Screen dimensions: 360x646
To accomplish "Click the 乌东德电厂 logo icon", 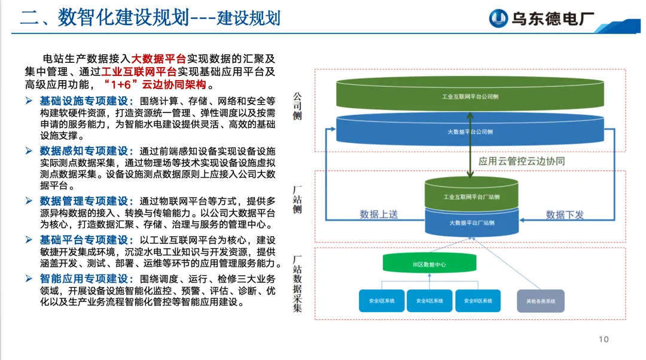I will pyautogui.click(x=498, y=19).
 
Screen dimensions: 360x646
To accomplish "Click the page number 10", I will pyautogui.click(x=604, y=340).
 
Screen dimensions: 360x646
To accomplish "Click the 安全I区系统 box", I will pyautogui.click(x=382, y=300).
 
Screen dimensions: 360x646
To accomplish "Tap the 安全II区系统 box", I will pyautogui.click(x=429, y=300).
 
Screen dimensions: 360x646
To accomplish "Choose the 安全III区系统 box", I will pyautogui.click(x=477, y=300).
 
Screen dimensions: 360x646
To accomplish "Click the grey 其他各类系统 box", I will pyautogui.click(x=541, y=300).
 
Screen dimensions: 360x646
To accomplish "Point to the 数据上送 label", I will pyautogui.click(x=379, y=214).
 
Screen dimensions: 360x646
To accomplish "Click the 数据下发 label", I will pyautogui.click(x=565, y=214).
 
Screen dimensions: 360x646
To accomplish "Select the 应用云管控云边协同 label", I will pyautogui.click(x=522, y=161).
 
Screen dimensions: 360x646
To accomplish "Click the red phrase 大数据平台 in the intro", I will pyautogui.click(x=159, y=59).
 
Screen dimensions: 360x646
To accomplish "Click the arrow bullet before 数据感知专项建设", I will pyautogui.click(x=29, y=151).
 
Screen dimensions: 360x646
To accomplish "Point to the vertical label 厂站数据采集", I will pyautogui.click(x=297, y=283).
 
